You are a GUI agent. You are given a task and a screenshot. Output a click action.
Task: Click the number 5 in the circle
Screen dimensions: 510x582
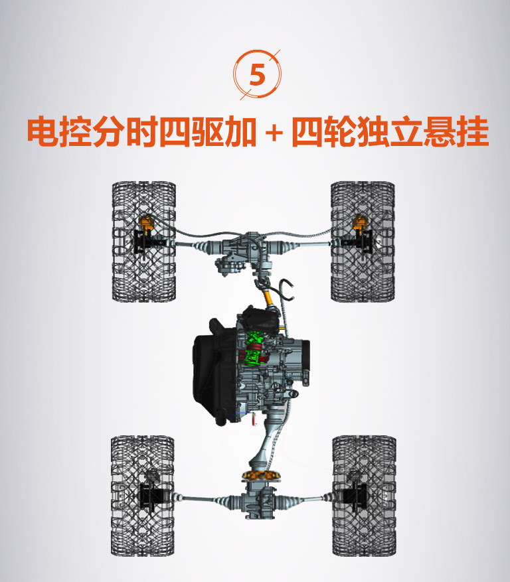coord(258,74)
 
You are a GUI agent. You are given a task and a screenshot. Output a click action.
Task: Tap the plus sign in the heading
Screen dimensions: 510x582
coord(274,133)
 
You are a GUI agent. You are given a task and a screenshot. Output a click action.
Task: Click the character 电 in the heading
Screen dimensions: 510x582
coord(42,132)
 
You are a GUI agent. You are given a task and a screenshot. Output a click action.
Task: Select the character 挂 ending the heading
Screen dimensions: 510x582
coord(473,132)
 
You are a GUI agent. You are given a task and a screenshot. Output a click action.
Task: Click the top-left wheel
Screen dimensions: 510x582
coord(144,242)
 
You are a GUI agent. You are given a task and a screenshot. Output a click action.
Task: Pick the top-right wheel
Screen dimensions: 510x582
coord(363,242)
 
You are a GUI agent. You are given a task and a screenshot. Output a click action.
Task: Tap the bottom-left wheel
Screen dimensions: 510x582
coord(143,496)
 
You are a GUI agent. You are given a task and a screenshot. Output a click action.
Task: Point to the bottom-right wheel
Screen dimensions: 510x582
coord(364,496)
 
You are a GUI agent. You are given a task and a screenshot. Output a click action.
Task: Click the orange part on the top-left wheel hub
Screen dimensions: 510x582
coord(146,222)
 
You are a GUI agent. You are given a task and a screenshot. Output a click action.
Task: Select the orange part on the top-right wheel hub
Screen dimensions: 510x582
coord(359,222)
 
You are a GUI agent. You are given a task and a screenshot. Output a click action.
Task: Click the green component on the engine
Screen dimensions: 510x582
coord(252,348)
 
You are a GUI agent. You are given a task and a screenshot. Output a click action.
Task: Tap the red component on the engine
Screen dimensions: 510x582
coord(254,352)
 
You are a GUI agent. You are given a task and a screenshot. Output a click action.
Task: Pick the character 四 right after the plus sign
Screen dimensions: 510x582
coord(307,132)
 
